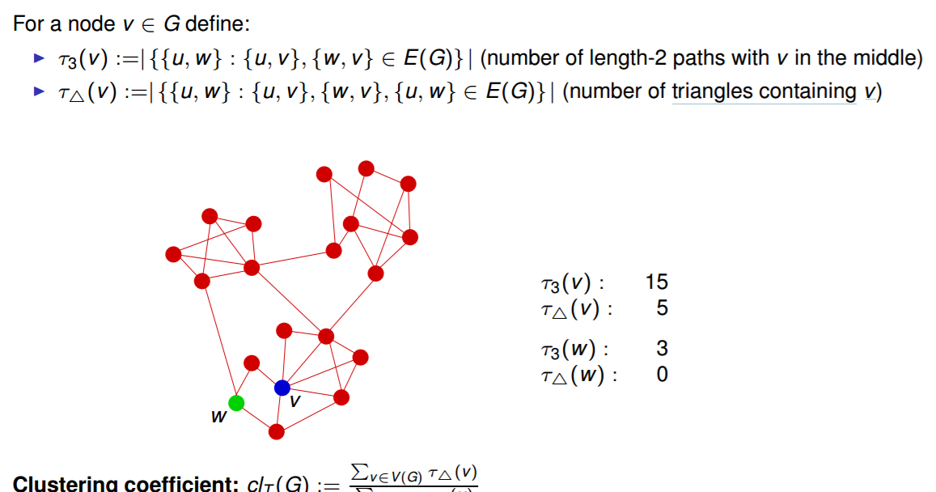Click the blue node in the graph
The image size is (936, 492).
(x=282, y=388)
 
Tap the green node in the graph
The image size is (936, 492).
(x=236, y=403)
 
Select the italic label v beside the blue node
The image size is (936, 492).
(x=295, y=401)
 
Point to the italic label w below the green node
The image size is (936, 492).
(x=218, y=418)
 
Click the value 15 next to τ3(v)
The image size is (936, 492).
(x=657, y=282)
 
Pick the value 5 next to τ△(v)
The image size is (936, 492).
(x=663, y=308)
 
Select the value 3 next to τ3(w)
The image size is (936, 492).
(x=663, y=350)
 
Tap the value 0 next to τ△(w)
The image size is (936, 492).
(x=663, y=375)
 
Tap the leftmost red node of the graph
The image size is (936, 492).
(x=173, y=254)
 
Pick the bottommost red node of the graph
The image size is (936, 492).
(x=277, y=431)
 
